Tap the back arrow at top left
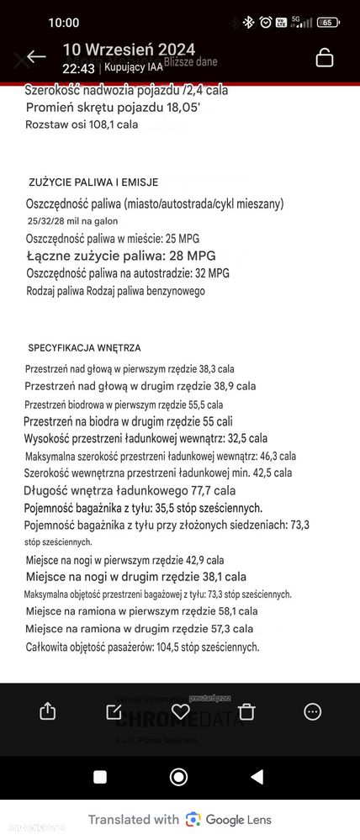35,57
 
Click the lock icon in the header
325,57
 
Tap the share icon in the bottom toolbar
47,711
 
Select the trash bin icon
246,711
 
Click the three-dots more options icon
312,711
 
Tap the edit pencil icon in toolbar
114,711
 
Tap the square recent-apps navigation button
99,776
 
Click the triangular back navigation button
257,776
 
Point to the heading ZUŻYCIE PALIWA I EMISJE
93,182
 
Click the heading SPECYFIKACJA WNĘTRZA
84,347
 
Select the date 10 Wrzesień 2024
129,49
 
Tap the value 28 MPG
207,255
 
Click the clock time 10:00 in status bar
64,23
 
